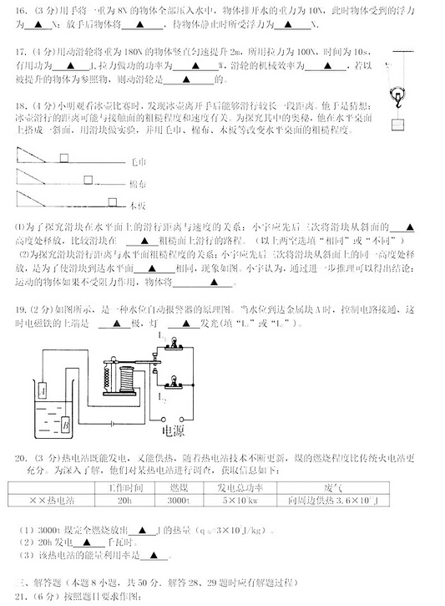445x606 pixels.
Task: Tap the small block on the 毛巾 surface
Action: [65, 156]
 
